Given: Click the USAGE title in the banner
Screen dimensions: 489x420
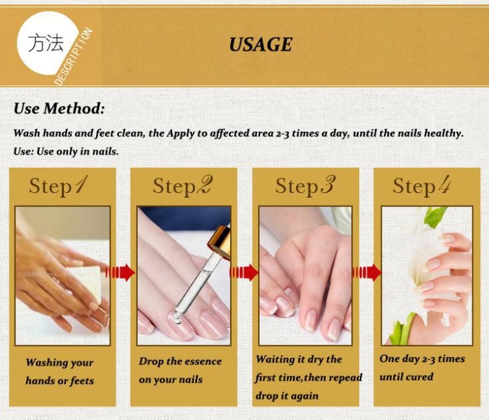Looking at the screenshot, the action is [x=261, y=45].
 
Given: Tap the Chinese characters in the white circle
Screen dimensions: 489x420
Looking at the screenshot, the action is [x=46, y=43].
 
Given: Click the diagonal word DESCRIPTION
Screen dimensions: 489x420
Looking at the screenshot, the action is [x=74, y=57].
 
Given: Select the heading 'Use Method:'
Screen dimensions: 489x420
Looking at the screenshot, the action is [x=59, y=108].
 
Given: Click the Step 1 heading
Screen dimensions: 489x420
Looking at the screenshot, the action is [x=58, y=186].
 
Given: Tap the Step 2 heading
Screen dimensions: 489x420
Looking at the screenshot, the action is [x=183, y=186].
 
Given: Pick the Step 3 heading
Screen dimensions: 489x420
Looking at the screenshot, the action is [x=305, y=186].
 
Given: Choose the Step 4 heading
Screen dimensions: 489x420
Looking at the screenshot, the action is [x=422, y=186].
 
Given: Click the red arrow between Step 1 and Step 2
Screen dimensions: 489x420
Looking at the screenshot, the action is [x=120, y=272].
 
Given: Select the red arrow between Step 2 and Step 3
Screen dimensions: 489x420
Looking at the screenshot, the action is [x=244, y=272].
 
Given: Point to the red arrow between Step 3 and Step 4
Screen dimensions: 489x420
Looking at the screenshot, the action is [x=367, y=272].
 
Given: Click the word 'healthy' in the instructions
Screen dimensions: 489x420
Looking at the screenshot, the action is [x=444, y=134].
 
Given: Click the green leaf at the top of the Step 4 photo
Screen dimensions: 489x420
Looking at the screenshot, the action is [x=435, y=215].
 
